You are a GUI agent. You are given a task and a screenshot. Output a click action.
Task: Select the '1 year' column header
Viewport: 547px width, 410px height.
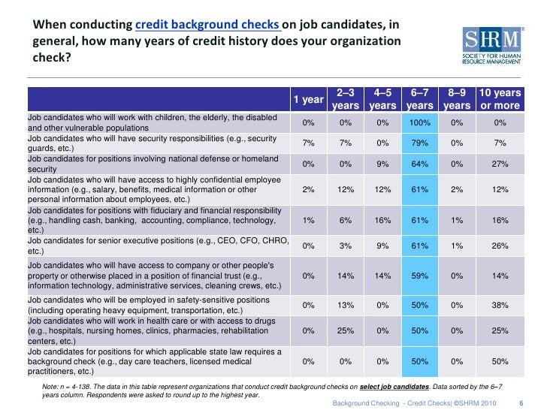[x=308, y=100]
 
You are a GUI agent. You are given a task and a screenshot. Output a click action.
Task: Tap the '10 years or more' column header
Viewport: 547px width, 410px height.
[x=500, y=100]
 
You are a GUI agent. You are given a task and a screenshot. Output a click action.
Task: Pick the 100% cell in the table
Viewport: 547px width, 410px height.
[x=420, y=122]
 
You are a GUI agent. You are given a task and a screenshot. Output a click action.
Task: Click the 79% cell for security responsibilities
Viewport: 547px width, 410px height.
[x=420, y=143]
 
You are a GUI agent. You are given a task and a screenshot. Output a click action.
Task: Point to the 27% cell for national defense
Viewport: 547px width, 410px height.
[x=500, y=164]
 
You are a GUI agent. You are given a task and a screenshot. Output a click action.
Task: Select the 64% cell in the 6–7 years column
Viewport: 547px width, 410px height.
[x=420, y=164]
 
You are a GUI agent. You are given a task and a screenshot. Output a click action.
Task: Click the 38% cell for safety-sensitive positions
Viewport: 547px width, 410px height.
[x=500, y=305]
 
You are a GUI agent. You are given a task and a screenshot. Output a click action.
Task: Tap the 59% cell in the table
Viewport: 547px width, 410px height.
[x=420, y=276]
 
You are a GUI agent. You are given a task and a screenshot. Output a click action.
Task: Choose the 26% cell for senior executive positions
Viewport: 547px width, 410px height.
[x=500, y=246]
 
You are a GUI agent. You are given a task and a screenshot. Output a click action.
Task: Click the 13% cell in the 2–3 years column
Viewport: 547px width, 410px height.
[x=346, y=305]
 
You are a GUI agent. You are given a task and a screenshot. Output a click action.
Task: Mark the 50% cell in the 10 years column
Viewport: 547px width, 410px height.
[x=500, y=361]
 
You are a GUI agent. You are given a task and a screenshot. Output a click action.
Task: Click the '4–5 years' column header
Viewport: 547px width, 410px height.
[x=383, y=100]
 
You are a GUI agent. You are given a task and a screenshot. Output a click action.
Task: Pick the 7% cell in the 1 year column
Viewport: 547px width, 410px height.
[x=308, y=143]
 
